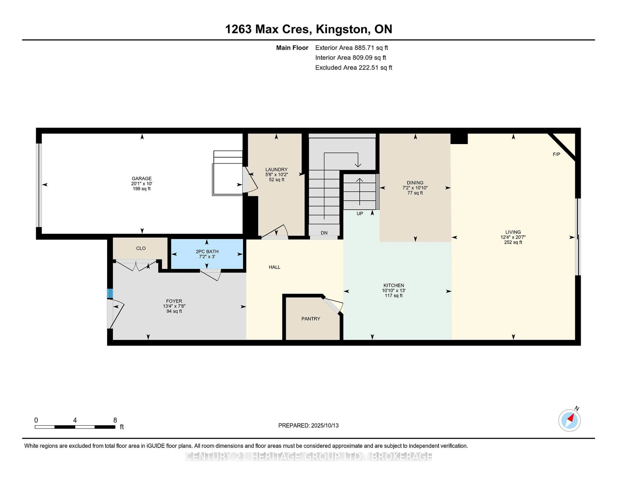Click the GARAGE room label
click(x=142, y=178)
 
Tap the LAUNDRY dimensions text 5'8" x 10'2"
click(x=276, y=175)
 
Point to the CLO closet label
click(x=141, y=248)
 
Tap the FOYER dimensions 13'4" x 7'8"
click(x=174, y=306)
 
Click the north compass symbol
click(x=569, y=420)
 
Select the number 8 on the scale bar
click(x=115, y=420)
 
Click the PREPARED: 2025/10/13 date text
click(x=308, y=425)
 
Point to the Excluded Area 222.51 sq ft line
click(x=353, y=67)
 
